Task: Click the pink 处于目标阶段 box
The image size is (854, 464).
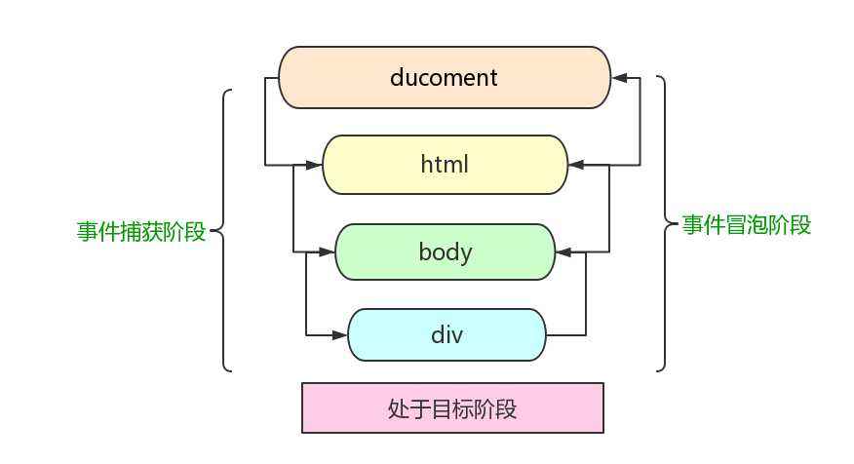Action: [x=452, y=407]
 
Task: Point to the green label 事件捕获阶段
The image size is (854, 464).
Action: [x=141, y=232]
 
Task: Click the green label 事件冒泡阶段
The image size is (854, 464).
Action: [x=746, y=225]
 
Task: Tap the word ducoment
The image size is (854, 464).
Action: [x=444, y=77]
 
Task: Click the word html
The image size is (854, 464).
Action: [x=445, y=165]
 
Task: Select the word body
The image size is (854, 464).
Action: [x=445, y=251]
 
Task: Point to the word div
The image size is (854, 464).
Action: [x=446, y=335]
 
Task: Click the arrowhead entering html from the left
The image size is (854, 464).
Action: [x=314, y=165]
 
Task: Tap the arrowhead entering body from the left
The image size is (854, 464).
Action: [x=327, y=251]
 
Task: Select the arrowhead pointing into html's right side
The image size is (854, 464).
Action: [x=576, y=165]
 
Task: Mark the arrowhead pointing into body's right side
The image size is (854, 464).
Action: [x=563, y=251]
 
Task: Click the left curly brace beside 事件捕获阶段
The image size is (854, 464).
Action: [x=223, y=231]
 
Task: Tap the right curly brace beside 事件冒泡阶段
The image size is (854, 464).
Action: [x=667, y=224]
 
